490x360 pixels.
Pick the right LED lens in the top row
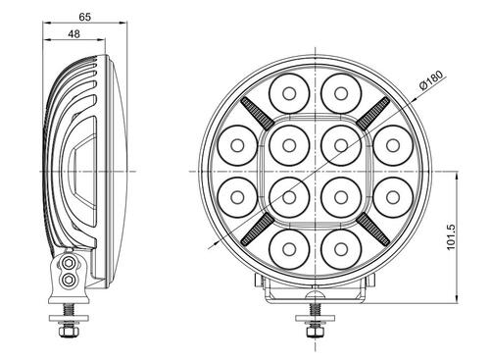coord(339,95)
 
